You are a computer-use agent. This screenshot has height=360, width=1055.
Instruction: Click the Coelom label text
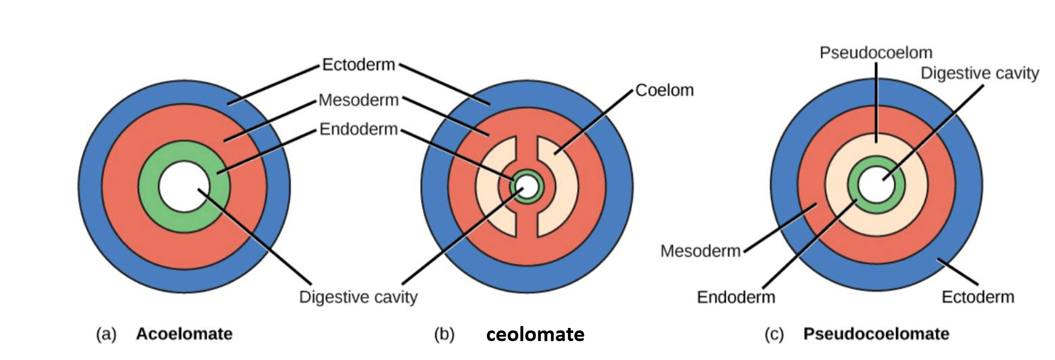click(x=664, y=90)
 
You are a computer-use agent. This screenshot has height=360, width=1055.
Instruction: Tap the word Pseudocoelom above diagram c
click(x=876, y=53)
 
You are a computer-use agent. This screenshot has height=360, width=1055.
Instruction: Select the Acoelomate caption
click(x=184, y=334)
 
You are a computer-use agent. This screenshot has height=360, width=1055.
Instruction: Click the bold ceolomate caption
click(x=535, y=335)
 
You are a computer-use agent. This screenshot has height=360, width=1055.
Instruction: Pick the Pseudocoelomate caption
click(x=876, y=334)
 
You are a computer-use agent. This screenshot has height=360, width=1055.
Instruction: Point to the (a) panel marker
click(x=106, y=334)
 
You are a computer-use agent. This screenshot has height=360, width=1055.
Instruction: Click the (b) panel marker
click(x=444, y=334)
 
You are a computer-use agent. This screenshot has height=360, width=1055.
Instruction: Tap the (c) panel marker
click(x=774, y=334)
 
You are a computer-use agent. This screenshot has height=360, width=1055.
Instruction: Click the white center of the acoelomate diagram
click(x=184, y=186)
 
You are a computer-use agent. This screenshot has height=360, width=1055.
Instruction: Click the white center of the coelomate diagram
click(x=527, y=186)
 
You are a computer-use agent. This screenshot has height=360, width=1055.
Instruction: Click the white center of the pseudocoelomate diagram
click(x=876, y=184)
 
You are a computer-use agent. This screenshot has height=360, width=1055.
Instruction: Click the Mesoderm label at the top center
click(x=359, y=100)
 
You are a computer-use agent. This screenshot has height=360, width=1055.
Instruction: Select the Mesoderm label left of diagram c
click(x=700, y=251)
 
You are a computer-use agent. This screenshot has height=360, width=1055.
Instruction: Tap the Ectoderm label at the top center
click(x=359, y=65)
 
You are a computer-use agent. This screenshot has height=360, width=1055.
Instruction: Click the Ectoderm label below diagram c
click(x=978, y=297)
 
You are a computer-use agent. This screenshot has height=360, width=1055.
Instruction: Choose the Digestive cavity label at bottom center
click(x=359, y=297)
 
